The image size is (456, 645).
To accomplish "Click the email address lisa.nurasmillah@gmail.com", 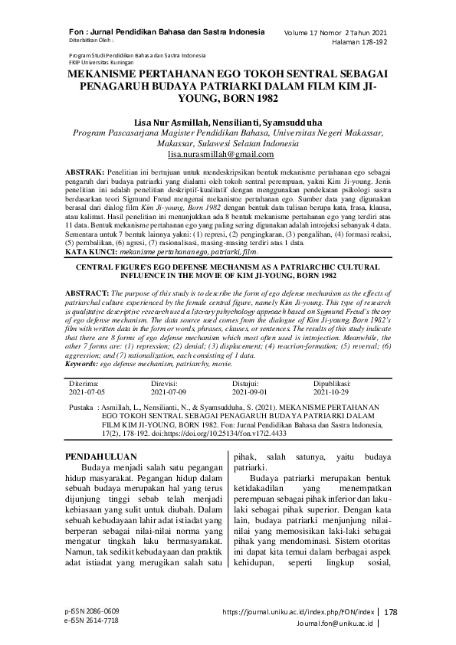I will coord(227,154).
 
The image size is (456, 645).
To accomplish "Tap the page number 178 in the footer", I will coord(391,612).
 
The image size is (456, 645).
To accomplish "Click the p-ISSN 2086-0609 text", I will coord(92,611).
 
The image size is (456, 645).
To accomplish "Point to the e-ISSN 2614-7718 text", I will coord(92,620).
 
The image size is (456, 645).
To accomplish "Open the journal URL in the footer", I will coord(298,612).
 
